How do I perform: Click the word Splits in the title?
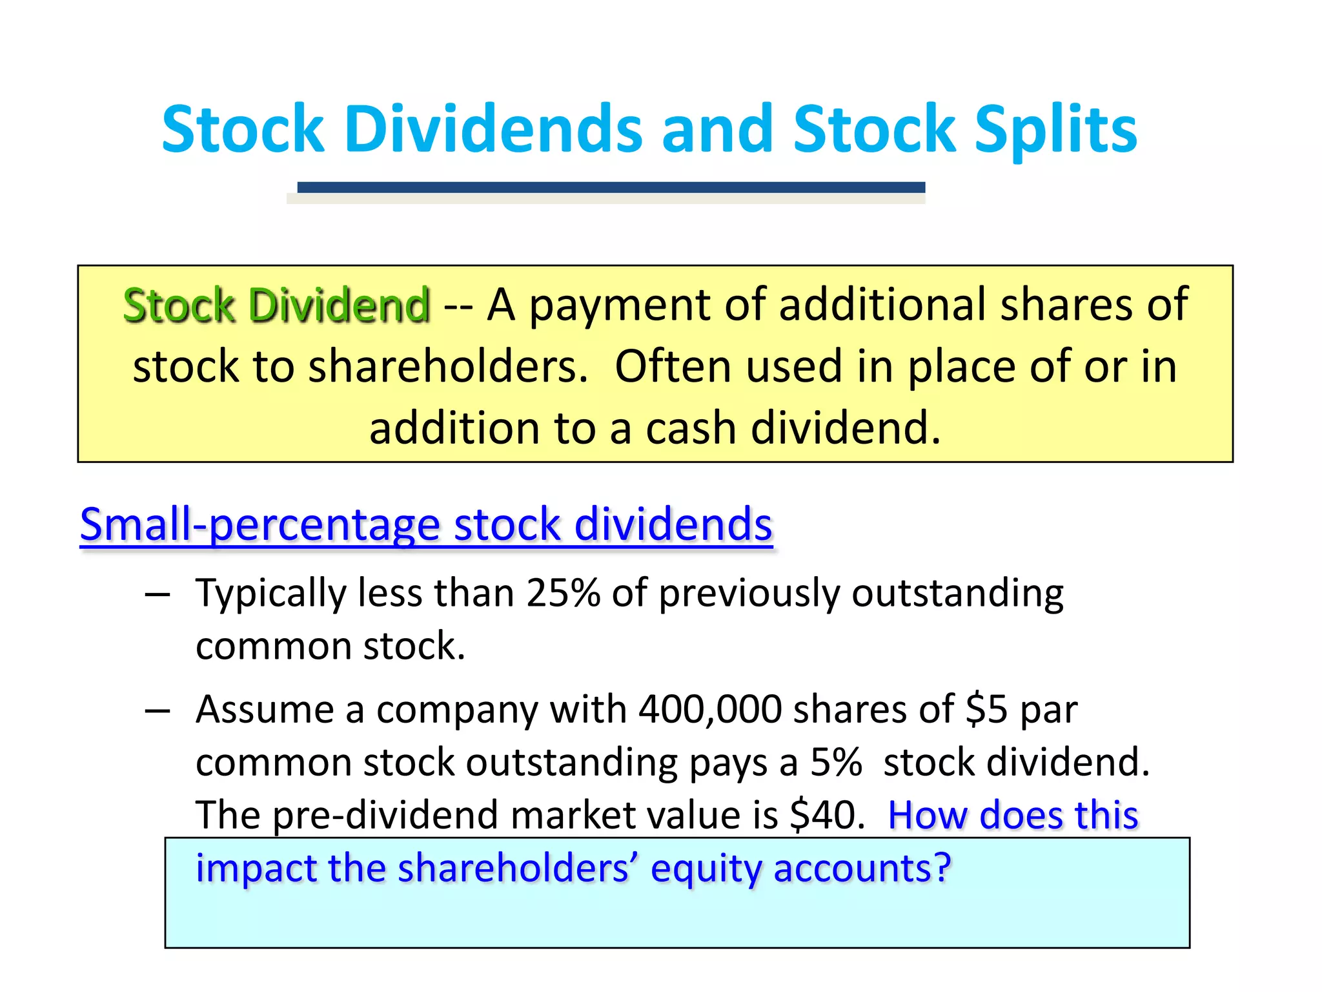1055,130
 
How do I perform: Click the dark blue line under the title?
611,187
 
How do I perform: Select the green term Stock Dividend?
276,305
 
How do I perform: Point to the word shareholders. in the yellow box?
448,367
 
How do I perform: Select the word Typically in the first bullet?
270,594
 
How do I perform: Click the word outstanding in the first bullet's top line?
957,594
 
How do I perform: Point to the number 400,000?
710,709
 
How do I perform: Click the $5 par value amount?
986,709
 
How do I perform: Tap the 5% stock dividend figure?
836,762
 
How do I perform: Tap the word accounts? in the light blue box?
862,868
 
